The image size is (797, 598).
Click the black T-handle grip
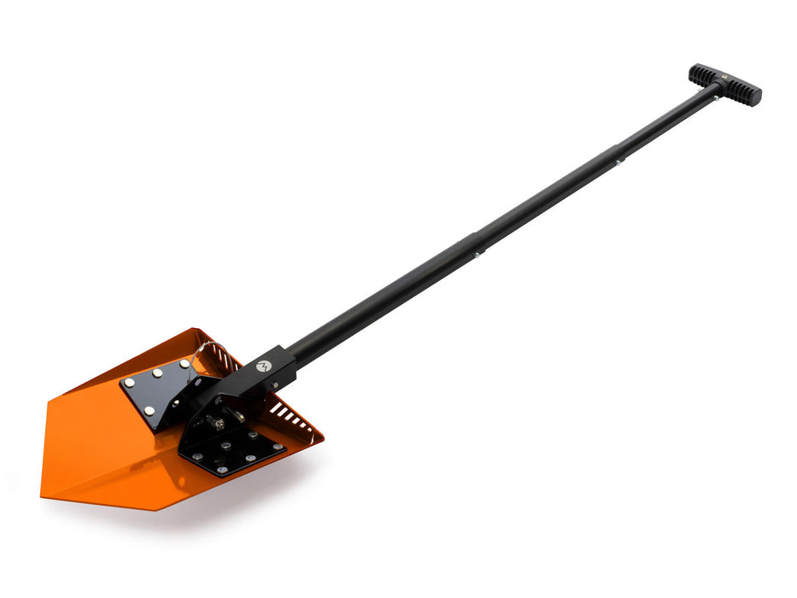point(724,84)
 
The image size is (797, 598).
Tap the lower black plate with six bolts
point(232,450)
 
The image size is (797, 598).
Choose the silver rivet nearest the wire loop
point(184,364)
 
